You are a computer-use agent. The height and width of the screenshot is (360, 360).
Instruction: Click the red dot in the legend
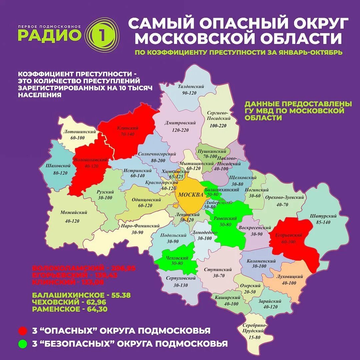tap(23, 331)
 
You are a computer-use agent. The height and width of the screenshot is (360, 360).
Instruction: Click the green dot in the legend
tap(23, 343)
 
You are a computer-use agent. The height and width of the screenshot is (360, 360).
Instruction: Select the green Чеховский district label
tap(177, 258)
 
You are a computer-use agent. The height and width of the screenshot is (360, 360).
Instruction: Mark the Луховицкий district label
tap(289, 277)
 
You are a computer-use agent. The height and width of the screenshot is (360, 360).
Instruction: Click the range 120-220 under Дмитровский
tap(180, 130)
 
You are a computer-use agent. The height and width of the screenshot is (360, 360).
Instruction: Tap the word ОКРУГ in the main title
tap(317, 24)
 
